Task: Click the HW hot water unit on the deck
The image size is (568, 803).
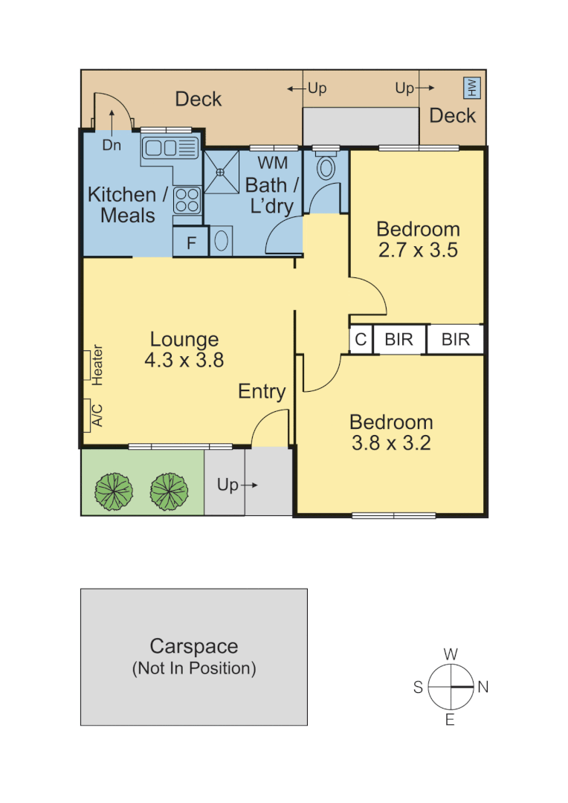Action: (x=472, y=88)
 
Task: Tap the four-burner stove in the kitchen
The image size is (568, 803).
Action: (x=187, y=199)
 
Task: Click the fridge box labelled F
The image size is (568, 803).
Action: (x=190, y=242)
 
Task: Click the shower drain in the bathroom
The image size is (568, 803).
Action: (x=221, y=172)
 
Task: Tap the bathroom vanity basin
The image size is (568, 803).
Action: (x=222, y=241)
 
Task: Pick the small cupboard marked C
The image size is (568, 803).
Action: (x=361, y=340)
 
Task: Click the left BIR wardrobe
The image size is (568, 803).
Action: (x=398, y=340)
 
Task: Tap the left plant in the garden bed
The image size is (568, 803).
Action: (x=114, y=490)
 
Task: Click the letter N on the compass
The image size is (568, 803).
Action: (x=483, y=688)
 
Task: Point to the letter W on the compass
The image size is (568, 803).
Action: (x=450, y=654)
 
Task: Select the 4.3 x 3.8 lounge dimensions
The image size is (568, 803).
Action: (x=184, y=361)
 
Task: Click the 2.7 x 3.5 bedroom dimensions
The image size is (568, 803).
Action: (x=417, y=250)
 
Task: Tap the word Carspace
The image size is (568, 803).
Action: (x=193, y=646)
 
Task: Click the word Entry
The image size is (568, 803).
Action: (x=262, y=392)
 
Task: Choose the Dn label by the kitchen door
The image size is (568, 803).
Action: (x=112, y=146)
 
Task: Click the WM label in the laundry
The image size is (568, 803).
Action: (x=272, y=163)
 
